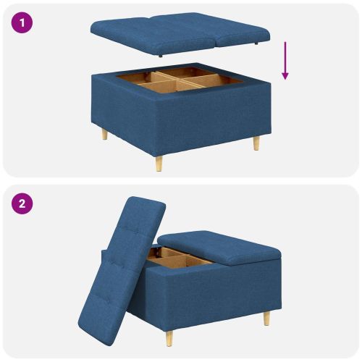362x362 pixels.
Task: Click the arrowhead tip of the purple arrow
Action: [x=285, y=78]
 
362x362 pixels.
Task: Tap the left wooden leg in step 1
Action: [x=104, y=134]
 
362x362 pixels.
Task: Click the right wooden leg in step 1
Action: [x=256, y=143]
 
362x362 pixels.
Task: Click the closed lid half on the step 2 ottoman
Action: [x=217, y=246]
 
